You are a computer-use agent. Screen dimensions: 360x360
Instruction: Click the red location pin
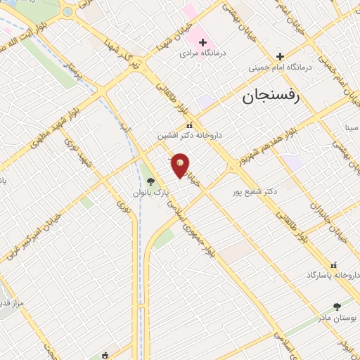click(x=180, y=165)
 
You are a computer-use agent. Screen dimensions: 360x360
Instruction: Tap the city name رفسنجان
click(x=271, y=96)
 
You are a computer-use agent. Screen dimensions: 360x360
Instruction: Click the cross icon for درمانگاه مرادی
click(x=202, y=43)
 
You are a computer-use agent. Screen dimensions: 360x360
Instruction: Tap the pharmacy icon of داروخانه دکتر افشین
click(x=188, y=125)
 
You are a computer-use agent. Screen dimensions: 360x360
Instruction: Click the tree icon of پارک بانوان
click(x=150, y=181)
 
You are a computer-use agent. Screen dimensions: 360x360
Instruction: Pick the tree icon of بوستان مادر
click(x=336, y=307)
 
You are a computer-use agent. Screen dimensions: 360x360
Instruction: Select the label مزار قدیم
click(x=12, y=304)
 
